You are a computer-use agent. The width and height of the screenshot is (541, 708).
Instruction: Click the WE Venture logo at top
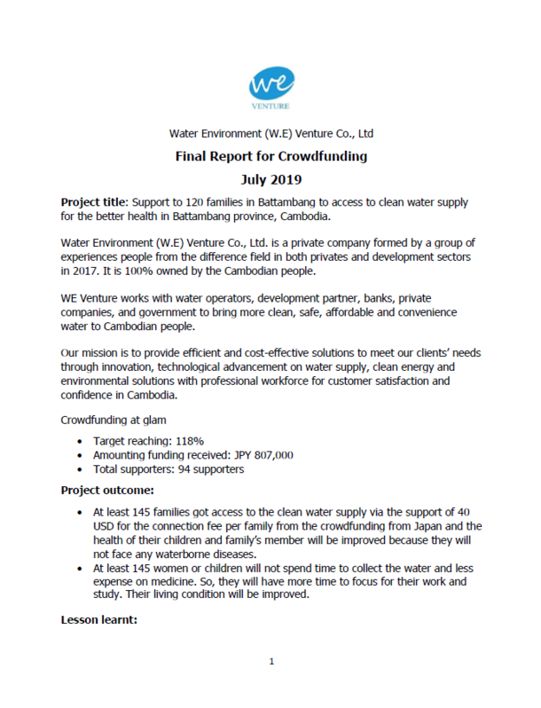(270, 88)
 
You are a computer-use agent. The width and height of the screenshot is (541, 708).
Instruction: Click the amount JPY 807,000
(261, 455)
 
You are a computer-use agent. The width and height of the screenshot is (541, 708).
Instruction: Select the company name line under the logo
(270, 134)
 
